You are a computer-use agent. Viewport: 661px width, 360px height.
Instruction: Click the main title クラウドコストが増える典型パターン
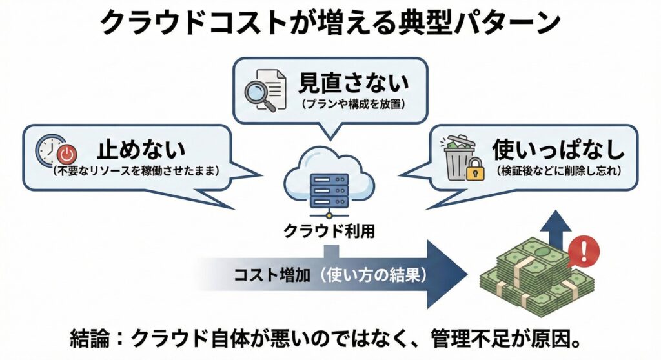point(330,24)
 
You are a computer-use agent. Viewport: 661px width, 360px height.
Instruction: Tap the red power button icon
point(66,155)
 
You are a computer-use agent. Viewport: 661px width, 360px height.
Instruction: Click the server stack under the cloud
point(330,187)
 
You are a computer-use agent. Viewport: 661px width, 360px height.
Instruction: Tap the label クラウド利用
point(329,231)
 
